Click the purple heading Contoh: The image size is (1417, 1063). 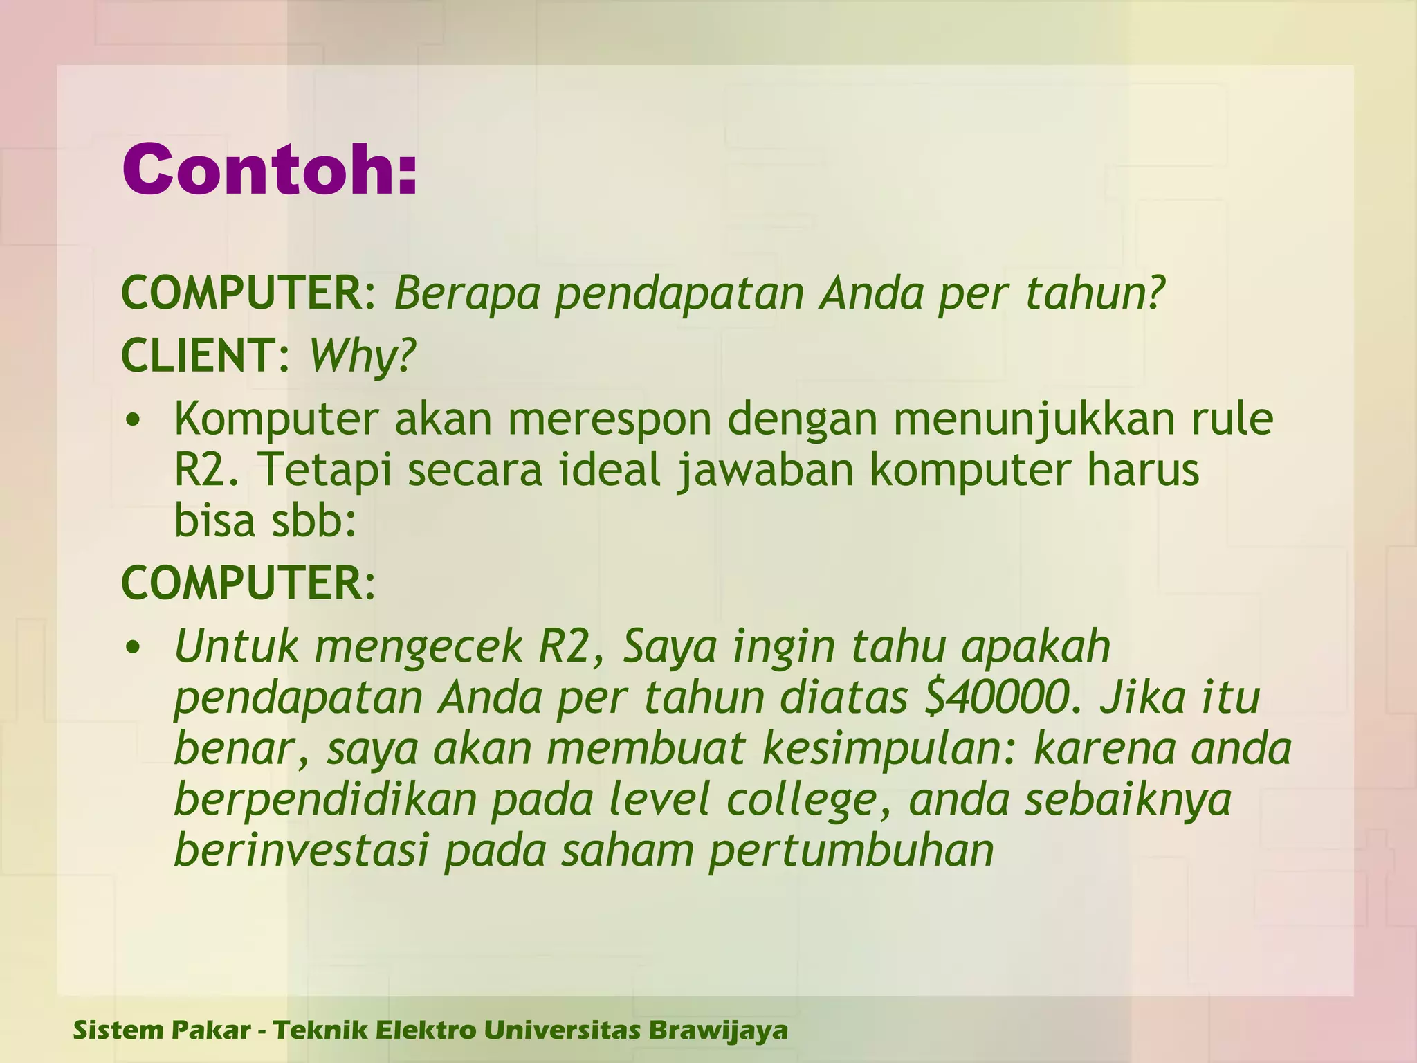(x=270, y=170)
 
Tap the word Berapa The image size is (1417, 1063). (x=467, y=293)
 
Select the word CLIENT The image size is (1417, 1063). (x=199, y=356)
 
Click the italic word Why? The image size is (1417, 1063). (x=362, y=356)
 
